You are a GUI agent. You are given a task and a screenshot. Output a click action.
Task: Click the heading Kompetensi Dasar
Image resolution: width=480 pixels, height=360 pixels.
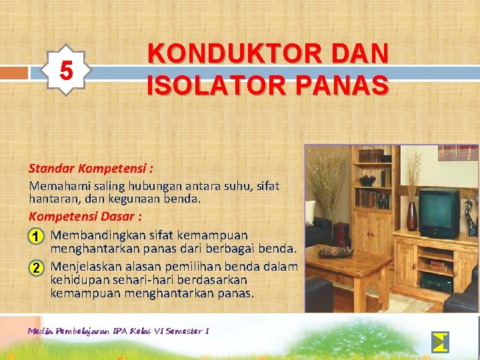[x=85, y=217]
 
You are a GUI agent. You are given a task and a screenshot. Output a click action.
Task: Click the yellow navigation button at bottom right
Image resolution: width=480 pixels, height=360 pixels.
[x=440, y=341]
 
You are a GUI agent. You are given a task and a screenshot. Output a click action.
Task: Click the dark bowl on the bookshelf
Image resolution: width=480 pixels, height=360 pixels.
[x=367, y=181]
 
